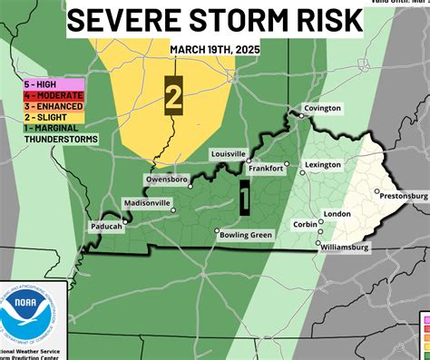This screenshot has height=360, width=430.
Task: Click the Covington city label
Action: tap(322, 109)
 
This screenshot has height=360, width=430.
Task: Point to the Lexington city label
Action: tap(322, 166)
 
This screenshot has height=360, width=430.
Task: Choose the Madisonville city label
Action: tap(146, 202)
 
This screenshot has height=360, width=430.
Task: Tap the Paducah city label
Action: tap(106, 226)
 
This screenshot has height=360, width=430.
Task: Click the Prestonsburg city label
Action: tap(404, 195)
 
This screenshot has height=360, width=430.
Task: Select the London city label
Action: tap(337, 214)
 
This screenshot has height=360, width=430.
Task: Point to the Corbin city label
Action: tap(305, 223)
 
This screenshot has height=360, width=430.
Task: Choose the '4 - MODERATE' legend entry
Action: tap(54, 95)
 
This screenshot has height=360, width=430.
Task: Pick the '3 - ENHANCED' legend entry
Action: tap(54, 106)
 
